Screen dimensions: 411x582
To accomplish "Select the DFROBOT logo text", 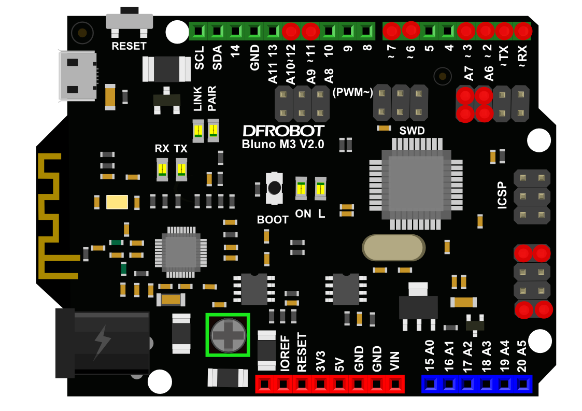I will (x=283, y=131).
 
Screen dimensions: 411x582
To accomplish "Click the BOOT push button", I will (x=274, y=188).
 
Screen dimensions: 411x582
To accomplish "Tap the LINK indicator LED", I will (x=198, y=131).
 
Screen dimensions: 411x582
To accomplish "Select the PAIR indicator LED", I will (x=213, y=131).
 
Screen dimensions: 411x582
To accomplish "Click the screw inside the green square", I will (x=228, y=335).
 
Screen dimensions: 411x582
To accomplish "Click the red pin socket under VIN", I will (x=395, y=384).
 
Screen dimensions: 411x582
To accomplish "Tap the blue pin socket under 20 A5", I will (x=523, y=384).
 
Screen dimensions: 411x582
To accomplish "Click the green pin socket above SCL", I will (x=199, y=31).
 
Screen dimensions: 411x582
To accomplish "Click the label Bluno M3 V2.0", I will (x=283, y=145).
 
